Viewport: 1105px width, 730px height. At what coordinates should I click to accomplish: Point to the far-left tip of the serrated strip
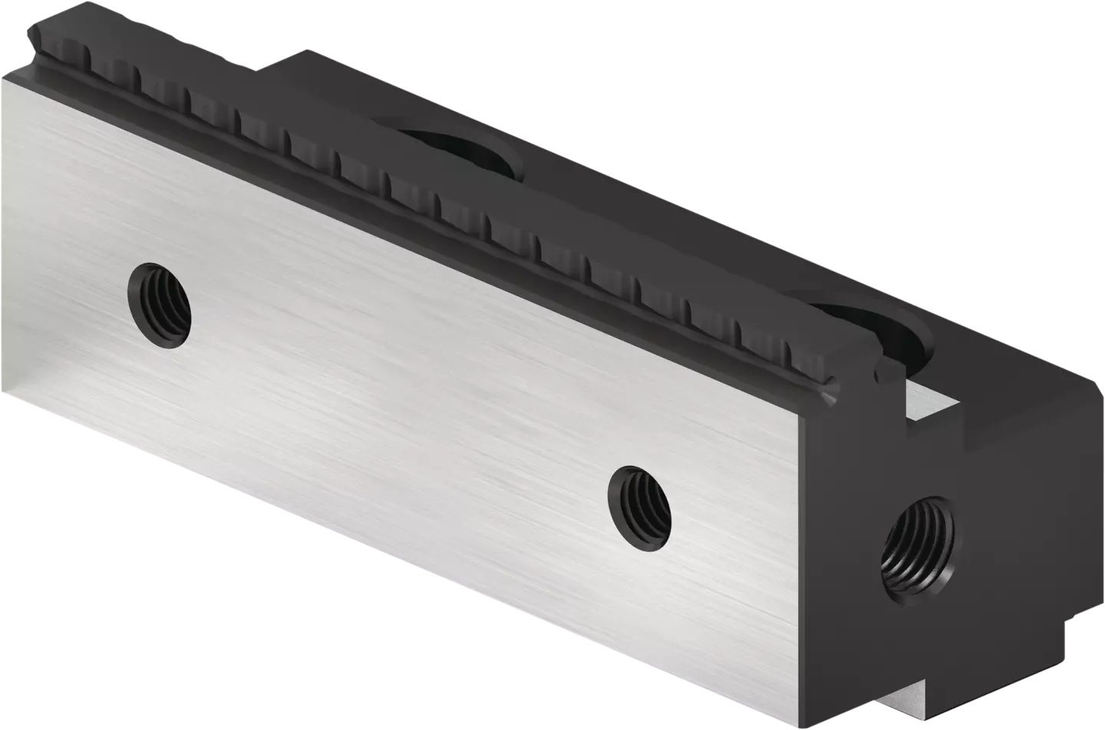click(x=32, y=32)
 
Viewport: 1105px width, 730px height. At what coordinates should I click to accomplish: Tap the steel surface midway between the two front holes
click(x=399, y=400)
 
